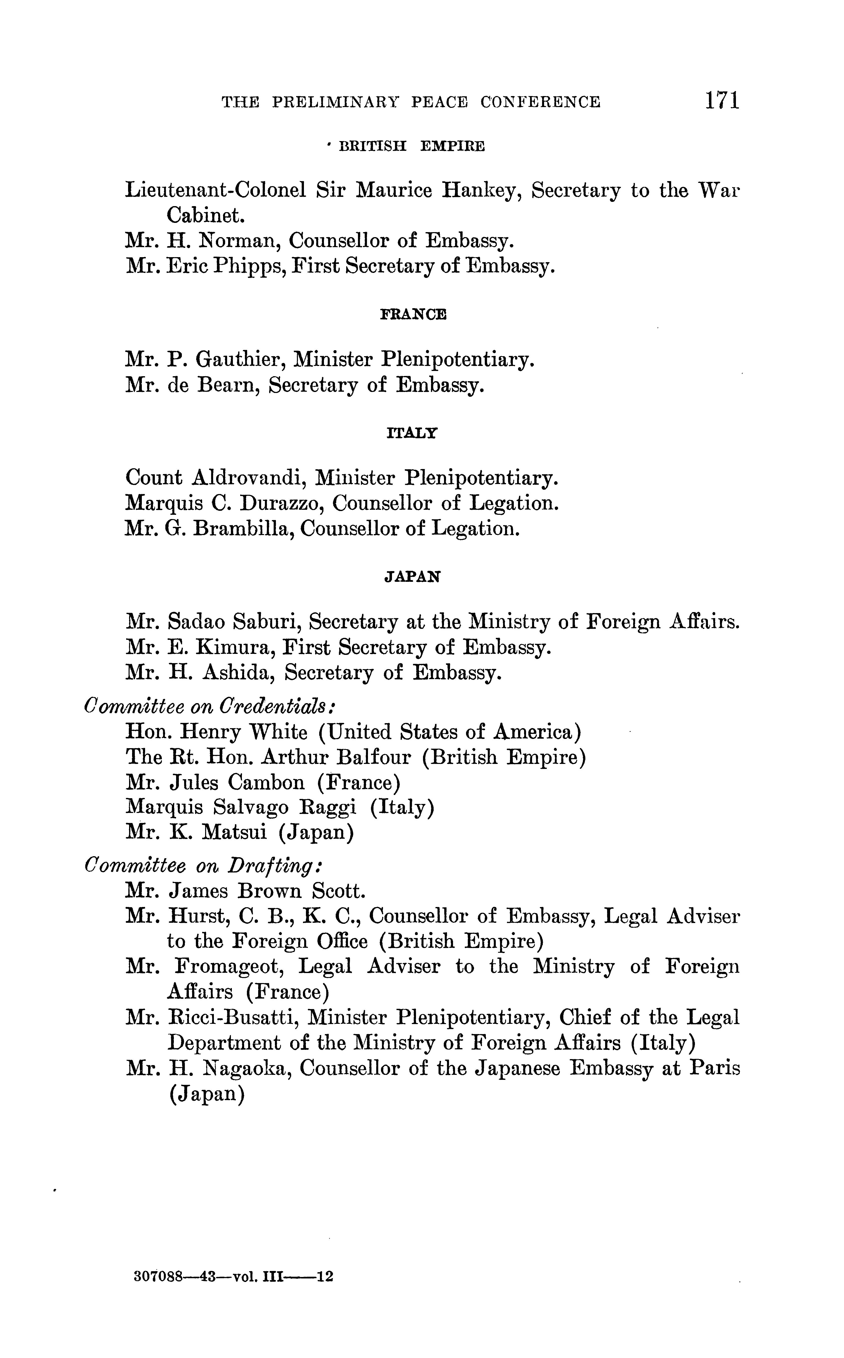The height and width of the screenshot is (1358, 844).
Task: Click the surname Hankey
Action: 480,191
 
